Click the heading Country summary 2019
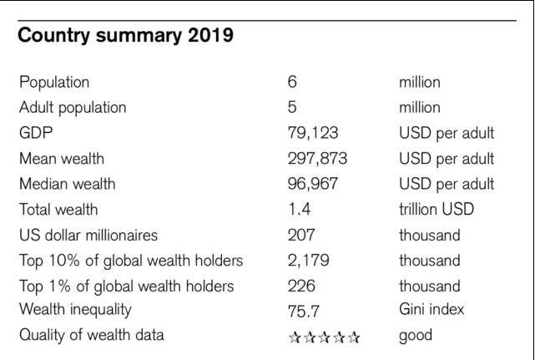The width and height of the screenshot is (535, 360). (x=125, y=37)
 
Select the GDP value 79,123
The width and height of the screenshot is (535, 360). (x=312, y=133)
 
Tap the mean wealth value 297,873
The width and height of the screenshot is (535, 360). (x=317, y=159)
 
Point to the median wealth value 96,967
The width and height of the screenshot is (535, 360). (x=313, y=184)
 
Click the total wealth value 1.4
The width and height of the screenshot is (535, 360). (x=297, y=210)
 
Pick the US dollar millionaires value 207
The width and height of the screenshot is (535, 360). (x=300, y=235)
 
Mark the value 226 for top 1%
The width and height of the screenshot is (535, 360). (x=300, y=286)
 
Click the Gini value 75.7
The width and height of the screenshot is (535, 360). (x=302, y=311)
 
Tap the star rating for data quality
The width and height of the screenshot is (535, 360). (x=324, y=337)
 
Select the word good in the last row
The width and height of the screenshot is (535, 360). (x=415, y=336)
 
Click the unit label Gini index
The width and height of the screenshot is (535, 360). (x=432, y=310)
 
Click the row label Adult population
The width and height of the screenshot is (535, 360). (x=73, y=108)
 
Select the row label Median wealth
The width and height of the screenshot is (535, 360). (x=67, y=184)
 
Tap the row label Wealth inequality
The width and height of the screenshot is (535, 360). (x=75, y=310)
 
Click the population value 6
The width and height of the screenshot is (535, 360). (x=292, y=82)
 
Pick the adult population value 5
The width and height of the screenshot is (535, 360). (x=292, y=108)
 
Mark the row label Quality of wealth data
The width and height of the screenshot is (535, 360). (x=91, y=336)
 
